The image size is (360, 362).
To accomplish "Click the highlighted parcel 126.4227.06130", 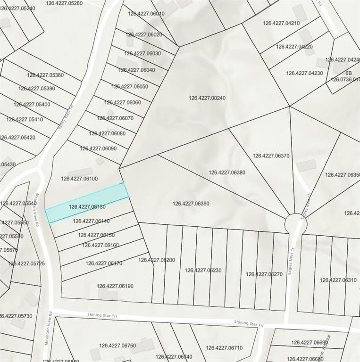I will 87,203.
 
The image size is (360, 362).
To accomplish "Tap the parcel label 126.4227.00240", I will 207,99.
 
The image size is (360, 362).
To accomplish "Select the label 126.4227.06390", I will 191,204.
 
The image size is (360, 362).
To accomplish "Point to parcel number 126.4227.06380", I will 227,173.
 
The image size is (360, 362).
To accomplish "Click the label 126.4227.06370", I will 271,156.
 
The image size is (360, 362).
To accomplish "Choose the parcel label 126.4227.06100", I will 79,179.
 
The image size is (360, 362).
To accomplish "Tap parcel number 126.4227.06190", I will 115,286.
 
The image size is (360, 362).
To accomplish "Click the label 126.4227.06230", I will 203,271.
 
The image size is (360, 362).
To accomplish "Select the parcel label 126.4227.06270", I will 264,274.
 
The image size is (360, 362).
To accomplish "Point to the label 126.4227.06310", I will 338,280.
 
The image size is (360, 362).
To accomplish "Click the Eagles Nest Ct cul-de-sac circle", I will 296,223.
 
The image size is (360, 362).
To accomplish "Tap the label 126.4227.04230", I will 305,73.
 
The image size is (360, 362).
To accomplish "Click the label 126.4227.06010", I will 146,14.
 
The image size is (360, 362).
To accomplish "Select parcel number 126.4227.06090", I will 98,148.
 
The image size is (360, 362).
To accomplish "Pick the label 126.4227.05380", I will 45,75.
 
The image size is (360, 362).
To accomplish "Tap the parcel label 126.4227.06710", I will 224,348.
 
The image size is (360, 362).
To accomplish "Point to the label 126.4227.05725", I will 26,263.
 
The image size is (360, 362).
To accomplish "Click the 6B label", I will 349,74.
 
